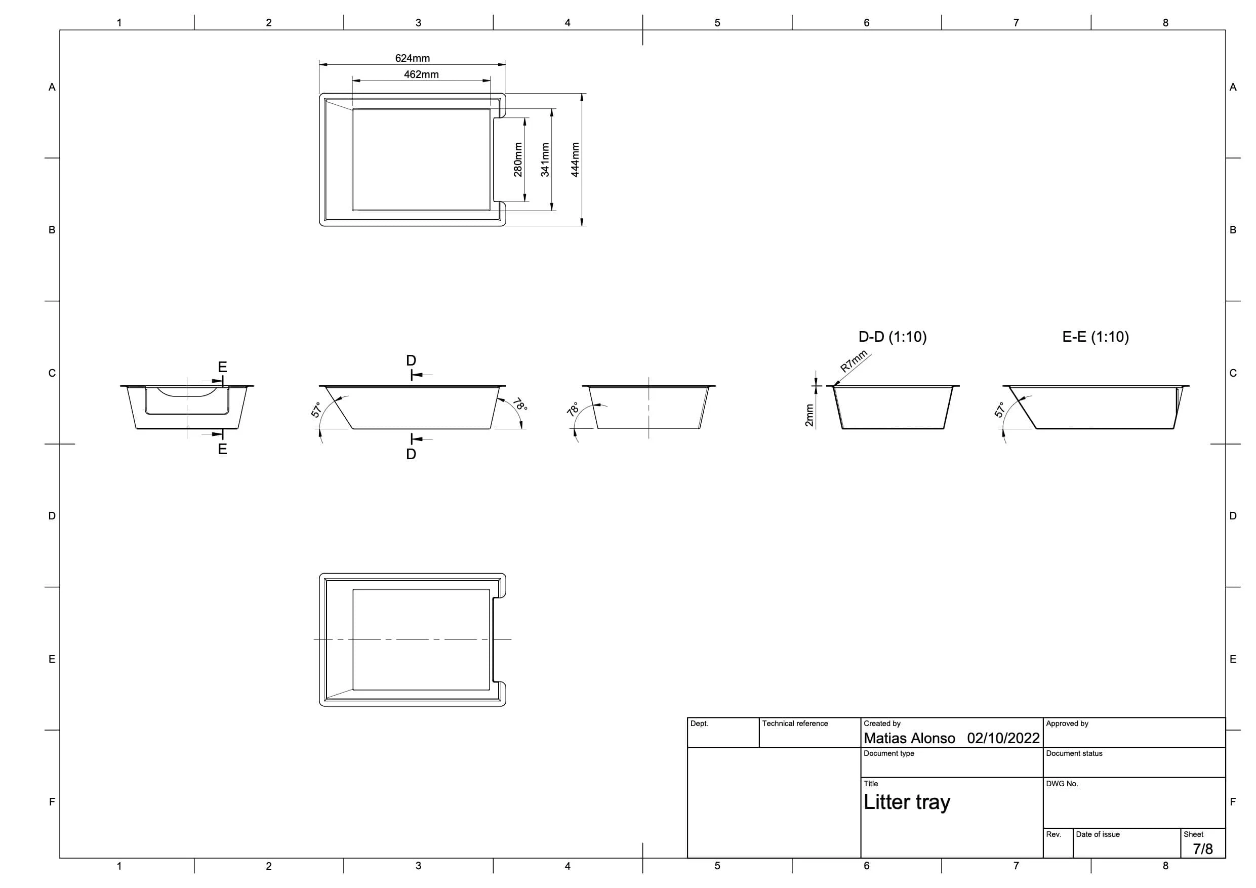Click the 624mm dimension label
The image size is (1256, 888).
pos(413,58)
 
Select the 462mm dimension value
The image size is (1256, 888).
pos(421,74)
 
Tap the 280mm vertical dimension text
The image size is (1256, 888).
pos(518,160)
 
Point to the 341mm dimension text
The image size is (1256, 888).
pos(545,160)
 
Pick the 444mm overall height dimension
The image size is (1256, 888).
pos(576,160)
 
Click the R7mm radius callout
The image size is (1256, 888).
pos(854,361)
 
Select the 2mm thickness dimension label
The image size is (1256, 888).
pos(809,415)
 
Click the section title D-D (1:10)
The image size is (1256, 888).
pos(893,337)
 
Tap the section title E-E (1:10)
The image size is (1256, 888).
pos(1096,337)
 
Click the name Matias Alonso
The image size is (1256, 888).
pos(909,738)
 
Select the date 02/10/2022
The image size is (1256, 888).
pos(1003,738)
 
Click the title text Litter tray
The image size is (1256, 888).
pos(907,802)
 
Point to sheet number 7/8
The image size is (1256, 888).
pos(1203,849)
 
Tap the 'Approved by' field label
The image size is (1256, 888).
pos(1067,723)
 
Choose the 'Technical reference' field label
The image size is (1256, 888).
pos(795,723)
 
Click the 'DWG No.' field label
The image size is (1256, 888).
pos(1062,784)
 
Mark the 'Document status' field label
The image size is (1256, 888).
pos(1074,753)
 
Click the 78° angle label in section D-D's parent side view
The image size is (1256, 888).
pos(520,405)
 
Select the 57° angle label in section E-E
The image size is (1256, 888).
pos(999,410)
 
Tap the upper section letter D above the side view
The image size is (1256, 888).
pos(412,360)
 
